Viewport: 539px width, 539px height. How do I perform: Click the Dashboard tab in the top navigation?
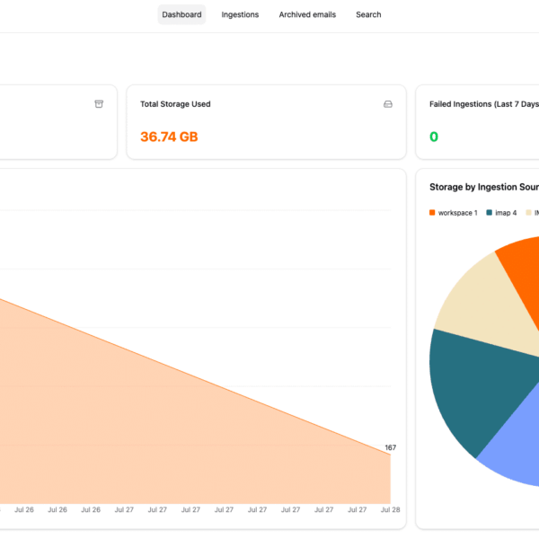tap(181, 14)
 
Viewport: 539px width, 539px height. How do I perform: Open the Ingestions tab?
tap(240, 14)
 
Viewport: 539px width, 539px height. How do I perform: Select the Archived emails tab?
tap(307, 14)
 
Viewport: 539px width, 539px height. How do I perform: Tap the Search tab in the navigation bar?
tap(368, 14)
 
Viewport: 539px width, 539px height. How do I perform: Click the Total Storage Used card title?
tap(175, 104)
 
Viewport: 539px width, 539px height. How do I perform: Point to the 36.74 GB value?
tap(169, 137)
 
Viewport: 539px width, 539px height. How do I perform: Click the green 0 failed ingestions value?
tap(434, 137)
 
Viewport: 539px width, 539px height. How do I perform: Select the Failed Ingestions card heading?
tap(483, 104)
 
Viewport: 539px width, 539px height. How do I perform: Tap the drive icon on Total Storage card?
tap(388, 104)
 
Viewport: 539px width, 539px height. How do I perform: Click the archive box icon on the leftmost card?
tap(99, 104)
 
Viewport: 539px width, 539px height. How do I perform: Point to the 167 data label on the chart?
tap(390, 447)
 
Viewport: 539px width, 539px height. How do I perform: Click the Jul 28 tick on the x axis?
tap(390, 509)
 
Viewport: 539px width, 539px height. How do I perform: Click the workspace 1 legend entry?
tap(457, 213)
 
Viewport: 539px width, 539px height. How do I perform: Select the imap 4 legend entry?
tap(506, 213)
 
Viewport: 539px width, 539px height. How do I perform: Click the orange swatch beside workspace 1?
tap(432, 213)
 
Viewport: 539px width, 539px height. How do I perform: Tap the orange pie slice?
tap(521, 269)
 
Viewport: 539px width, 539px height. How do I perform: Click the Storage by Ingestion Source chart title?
tap(483, 187)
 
